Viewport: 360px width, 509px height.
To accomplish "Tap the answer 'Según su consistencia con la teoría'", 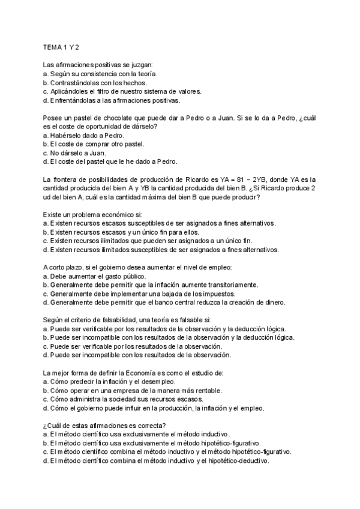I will [100, 73].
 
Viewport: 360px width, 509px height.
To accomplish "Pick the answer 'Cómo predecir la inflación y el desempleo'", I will [113, 382].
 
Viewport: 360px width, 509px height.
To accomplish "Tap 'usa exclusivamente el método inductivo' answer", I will [139, 435].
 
